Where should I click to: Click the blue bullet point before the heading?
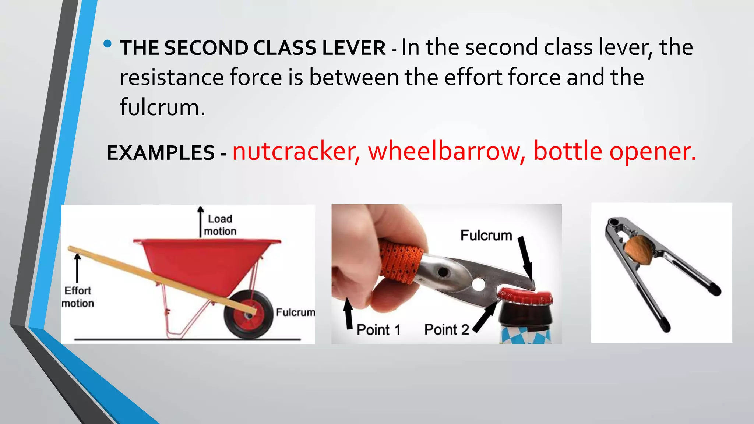coord(108,45)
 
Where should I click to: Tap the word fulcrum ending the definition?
coord(162,107)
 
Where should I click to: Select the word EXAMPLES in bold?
coord(161,153)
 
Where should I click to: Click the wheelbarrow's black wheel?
coord(248,314)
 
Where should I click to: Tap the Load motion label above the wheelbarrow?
coord(220,225)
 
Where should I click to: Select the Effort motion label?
coord(78,297)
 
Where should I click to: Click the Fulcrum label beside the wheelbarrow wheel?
coord(295,312)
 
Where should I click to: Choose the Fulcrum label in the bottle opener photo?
coord(486,236)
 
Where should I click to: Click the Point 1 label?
coord(378,330)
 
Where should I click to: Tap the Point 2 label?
coord(447,329)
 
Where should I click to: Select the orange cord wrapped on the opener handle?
coord(401,261)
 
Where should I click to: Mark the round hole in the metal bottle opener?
coord(479,284)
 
